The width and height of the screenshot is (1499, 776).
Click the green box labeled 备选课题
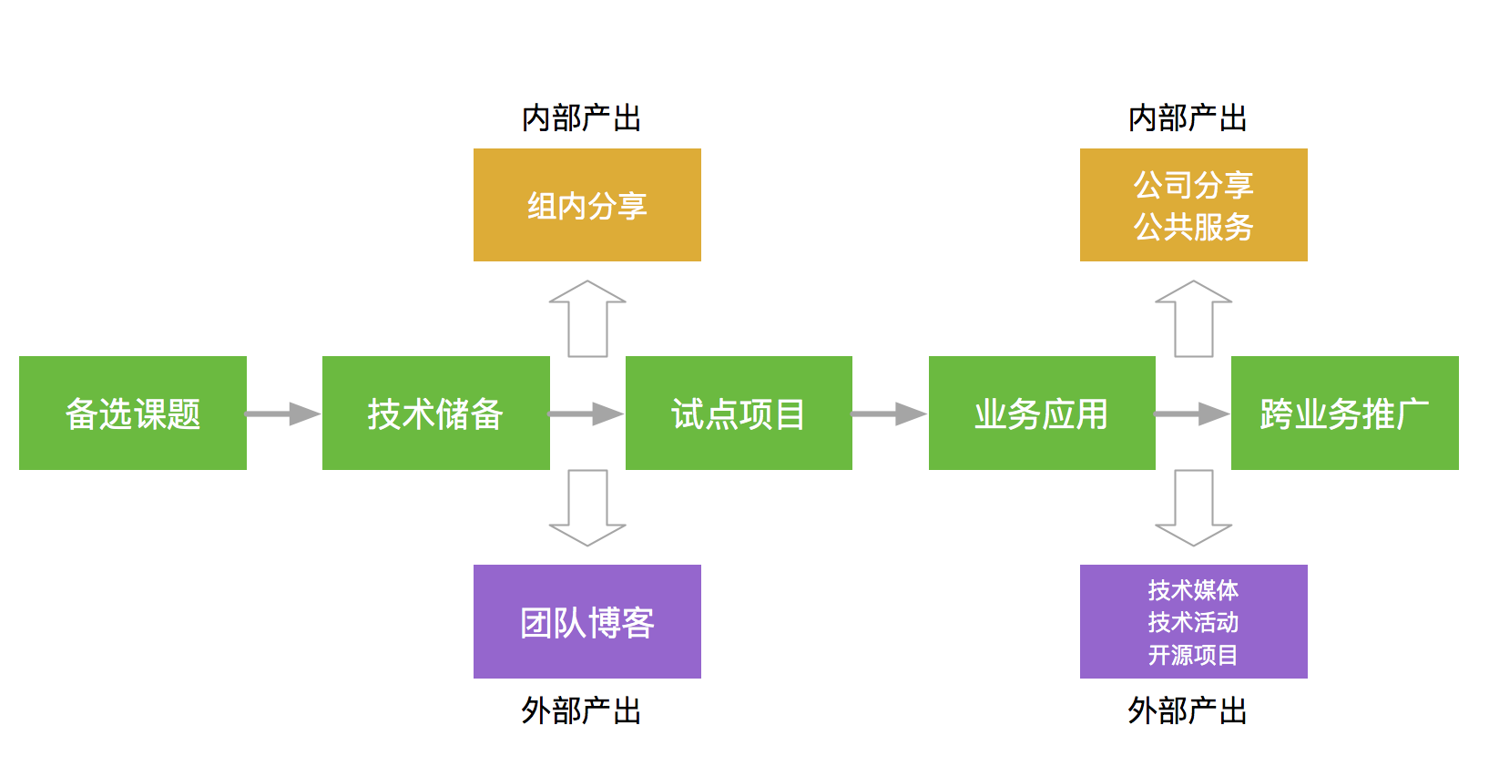pos(132,413)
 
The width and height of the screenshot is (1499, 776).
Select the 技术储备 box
pos(435,413)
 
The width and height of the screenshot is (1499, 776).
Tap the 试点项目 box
pos(739,413)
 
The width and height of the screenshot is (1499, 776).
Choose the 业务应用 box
pos(1042,413)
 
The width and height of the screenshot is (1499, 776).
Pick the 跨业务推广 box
pos(1345,413)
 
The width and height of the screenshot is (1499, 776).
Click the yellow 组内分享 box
pos(586,205)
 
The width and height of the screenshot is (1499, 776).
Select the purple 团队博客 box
pos(586,621)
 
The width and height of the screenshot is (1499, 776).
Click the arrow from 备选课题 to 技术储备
pos(284,414)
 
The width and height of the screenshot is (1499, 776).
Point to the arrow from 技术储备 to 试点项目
pos(586,414)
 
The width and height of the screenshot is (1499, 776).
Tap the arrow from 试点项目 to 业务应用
pos(890,414)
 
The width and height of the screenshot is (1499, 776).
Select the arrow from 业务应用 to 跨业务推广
pos(1193,414)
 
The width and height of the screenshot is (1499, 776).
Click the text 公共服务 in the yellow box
pos(1193,227)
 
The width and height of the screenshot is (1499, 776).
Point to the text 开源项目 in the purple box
pos(1193,655)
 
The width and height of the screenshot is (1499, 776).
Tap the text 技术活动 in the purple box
pos(1193,622)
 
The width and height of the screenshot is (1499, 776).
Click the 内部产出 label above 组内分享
pos(581,118)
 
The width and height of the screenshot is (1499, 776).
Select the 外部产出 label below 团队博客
pos(581,710)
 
